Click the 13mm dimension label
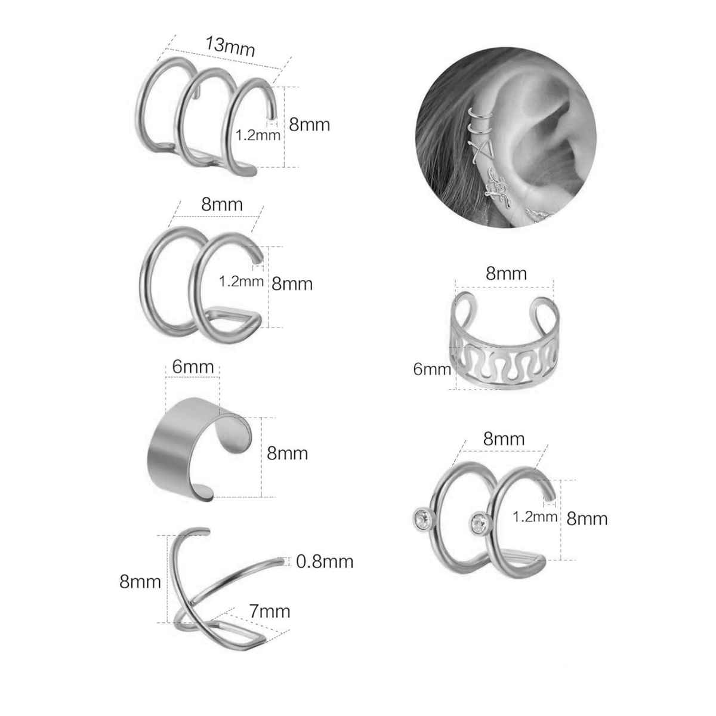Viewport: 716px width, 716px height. pyautogui.click(x=230, y=47)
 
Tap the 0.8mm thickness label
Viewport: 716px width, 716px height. pyautogui.click(x=325, y=561)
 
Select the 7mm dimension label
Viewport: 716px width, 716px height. pyautogui.click(x=270, y=612)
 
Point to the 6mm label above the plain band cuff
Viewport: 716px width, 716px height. pyautogui.click(x=193, y=366)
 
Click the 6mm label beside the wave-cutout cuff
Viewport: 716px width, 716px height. pyautogui.click(x=432, y=369)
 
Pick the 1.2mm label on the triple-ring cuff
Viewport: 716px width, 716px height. pyautogui.click(x=258, y=135)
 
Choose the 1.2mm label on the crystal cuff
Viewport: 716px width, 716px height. pyautogui.click(x=535, y=517)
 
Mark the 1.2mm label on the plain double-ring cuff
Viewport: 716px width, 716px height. pyautogui.click(x=241, y=282)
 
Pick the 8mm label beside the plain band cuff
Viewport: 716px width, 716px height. pyautogui.click(x=288, y=453)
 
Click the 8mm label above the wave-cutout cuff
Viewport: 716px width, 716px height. pyautogui.click(x=506, y=274)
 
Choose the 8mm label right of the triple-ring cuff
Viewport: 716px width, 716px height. pyautogui.click(x=309, y=125)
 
